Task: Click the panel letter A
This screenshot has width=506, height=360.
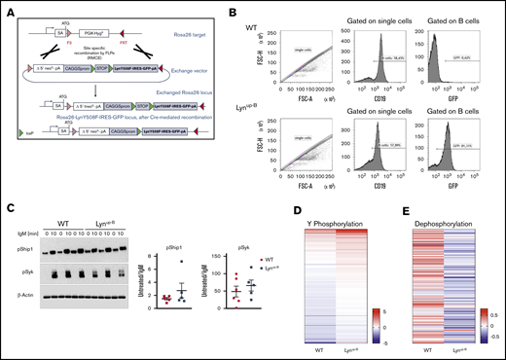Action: pyautogui.click(x=7, y=7)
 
